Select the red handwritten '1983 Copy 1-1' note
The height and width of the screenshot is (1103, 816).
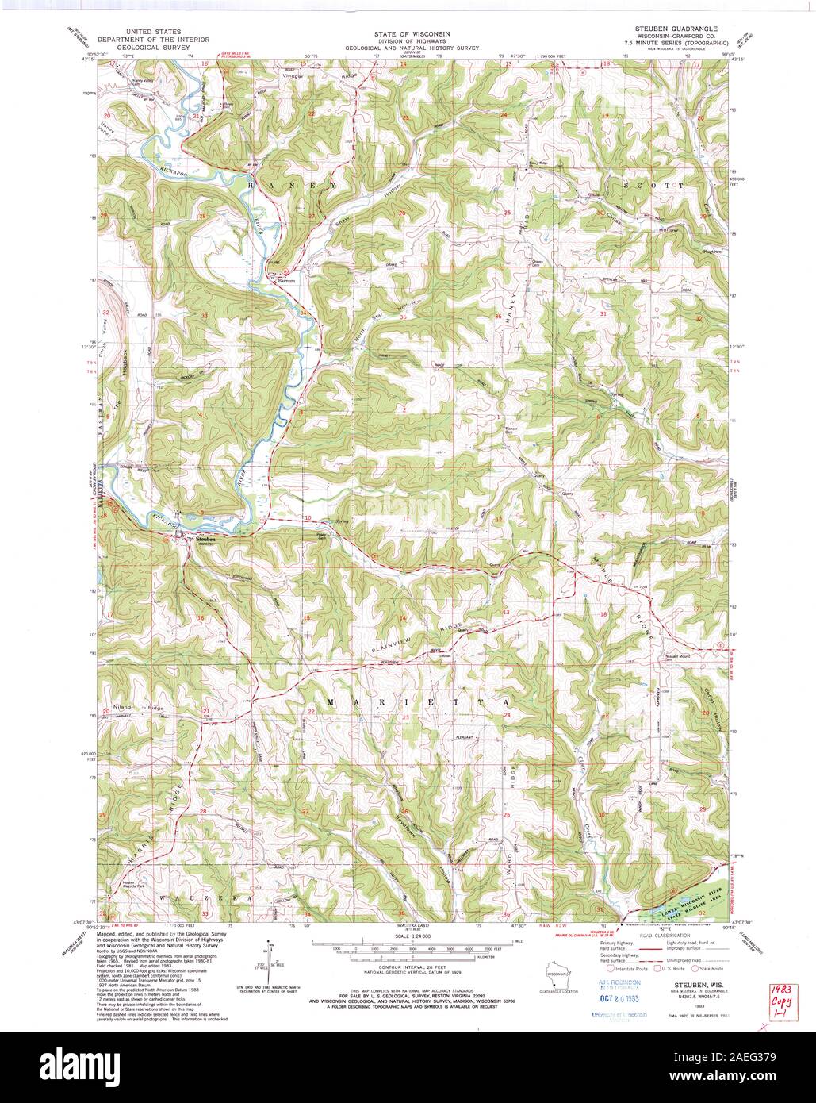[x=784, y=1001]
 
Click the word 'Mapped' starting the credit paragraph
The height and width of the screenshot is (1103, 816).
[x=105, y=935]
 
